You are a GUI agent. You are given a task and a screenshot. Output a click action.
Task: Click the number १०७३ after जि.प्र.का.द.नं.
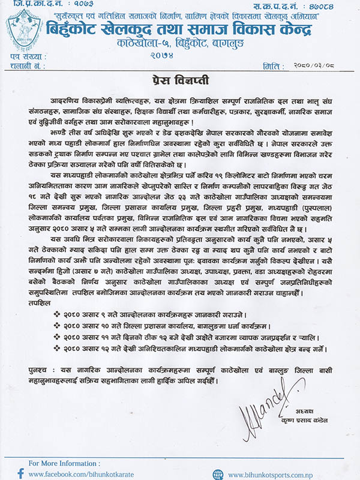click(71, 4)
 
